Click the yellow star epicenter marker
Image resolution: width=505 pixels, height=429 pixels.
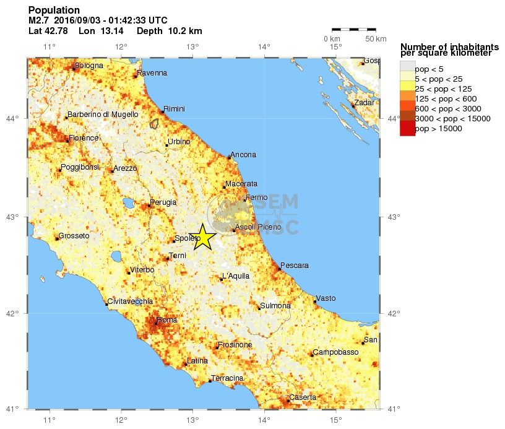202,237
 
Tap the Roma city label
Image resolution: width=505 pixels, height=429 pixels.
167,320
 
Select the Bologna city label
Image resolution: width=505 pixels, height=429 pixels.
88,66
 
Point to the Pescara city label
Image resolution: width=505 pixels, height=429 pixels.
295,266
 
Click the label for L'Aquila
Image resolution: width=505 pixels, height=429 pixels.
235,275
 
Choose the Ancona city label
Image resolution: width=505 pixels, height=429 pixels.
243,155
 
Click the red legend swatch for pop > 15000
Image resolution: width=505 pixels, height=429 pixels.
407,129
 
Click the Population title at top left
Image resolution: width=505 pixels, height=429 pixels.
54,11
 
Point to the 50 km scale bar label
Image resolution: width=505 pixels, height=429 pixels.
376,39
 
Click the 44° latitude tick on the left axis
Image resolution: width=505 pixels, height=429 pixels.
13,118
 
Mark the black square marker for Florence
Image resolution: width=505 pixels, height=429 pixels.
67,141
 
